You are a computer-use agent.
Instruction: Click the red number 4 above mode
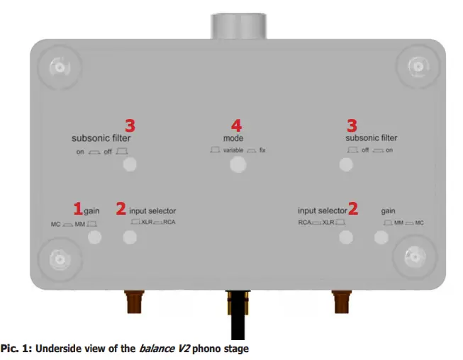coord(236,125)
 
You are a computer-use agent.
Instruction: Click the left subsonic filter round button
coord(130,165)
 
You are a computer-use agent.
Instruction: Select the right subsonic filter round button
coord(345,164)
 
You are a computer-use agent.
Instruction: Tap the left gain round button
coord(94,237)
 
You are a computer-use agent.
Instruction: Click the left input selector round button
coord(130,237)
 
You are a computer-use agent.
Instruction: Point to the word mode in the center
coord(233,138)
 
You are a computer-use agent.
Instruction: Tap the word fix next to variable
coord(262,151)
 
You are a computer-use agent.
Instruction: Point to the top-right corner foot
coord(415,67)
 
